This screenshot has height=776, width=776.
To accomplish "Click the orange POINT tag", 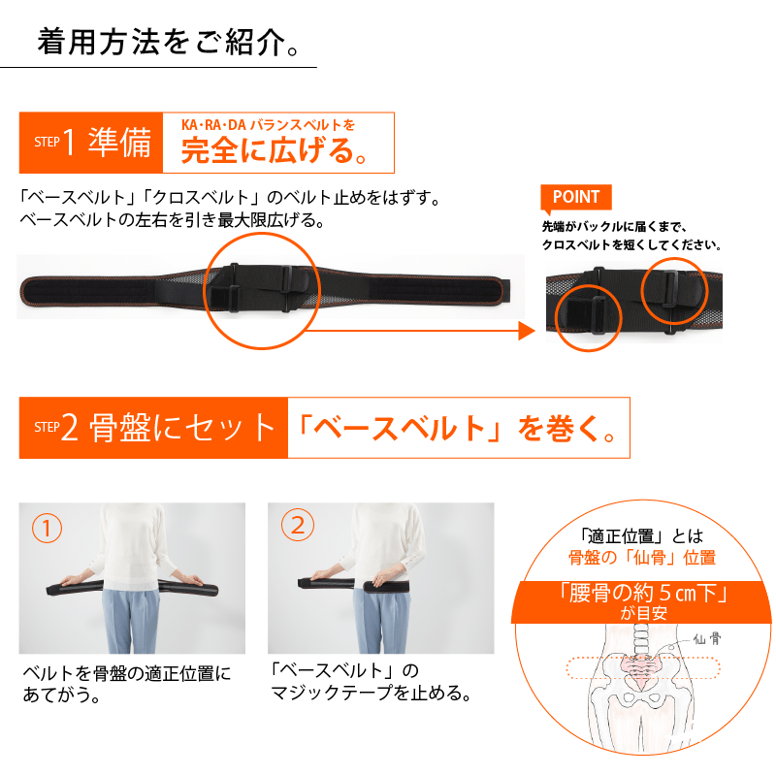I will point(576,197).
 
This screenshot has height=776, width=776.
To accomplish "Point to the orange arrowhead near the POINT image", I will point(526,332).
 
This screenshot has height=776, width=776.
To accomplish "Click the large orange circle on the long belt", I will point(260,290).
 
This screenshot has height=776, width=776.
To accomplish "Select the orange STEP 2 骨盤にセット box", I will point(153,428).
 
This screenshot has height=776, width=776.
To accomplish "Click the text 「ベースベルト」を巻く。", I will point(458,428).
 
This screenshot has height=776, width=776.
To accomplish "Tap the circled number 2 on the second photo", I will point(297,525).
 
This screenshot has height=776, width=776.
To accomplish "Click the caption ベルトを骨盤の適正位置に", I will point(127,671).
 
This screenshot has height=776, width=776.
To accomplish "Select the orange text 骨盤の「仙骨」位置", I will point(641,557).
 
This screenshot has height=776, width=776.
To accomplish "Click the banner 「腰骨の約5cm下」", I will point(643,593).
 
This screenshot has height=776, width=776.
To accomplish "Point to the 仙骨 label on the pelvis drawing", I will point(705,640).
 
